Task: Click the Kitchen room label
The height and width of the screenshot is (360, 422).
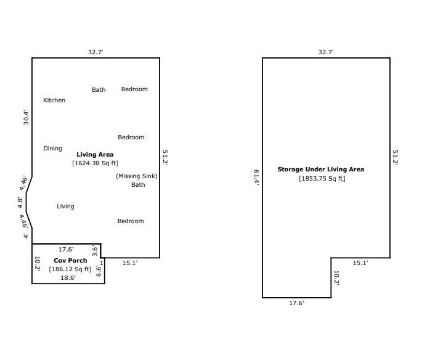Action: tap(54, 100)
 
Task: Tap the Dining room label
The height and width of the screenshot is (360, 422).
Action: tap(52, 149)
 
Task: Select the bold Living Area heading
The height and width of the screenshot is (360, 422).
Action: tap(95, 155)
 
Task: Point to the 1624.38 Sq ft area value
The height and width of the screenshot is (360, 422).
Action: tap(95, 163)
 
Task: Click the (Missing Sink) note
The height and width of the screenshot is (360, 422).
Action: tap(137, 176)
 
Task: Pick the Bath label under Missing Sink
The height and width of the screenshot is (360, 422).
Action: tap(138, 185)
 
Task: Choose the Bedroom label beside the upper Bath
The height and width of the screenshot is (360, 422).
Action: tap(134, 89)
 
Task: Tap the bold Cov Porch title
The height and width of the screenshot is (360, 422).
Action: tap(70, 261)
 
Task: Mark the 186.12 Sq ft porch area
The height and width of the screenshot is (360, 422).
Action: tap(70, 269)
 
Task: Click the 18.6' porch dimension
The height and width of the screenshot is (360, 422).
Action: tap(68, 277)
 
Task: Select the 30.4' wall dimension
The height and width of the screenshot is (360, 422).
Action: tap(26, 117)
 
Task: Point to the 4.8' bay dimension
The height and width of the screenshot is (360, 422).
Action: tap(20, 203)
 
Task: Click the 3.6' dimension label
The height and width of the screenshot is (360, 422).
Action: tap(95, 250)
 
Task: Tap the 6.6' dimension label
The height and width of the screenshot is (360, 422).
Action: tap(99, 271)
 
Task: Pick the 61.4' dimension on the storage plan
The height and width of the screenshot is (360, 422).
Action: tap(256, 178)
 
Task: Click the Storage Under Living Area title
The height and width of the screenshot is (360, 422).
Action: tap(321, 170)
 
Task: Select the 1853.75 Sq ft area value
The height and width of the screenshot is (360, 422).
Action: tap(322, 179)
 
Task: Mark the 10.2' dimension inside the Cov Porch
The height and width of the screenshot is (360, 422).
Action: tap(38, 264)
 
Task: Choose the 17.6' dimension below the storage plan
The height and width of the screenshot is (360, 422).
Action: tap(296, 303)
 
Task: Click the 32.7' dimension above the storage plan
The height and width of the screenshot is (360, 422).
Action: tap(326, 52)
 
